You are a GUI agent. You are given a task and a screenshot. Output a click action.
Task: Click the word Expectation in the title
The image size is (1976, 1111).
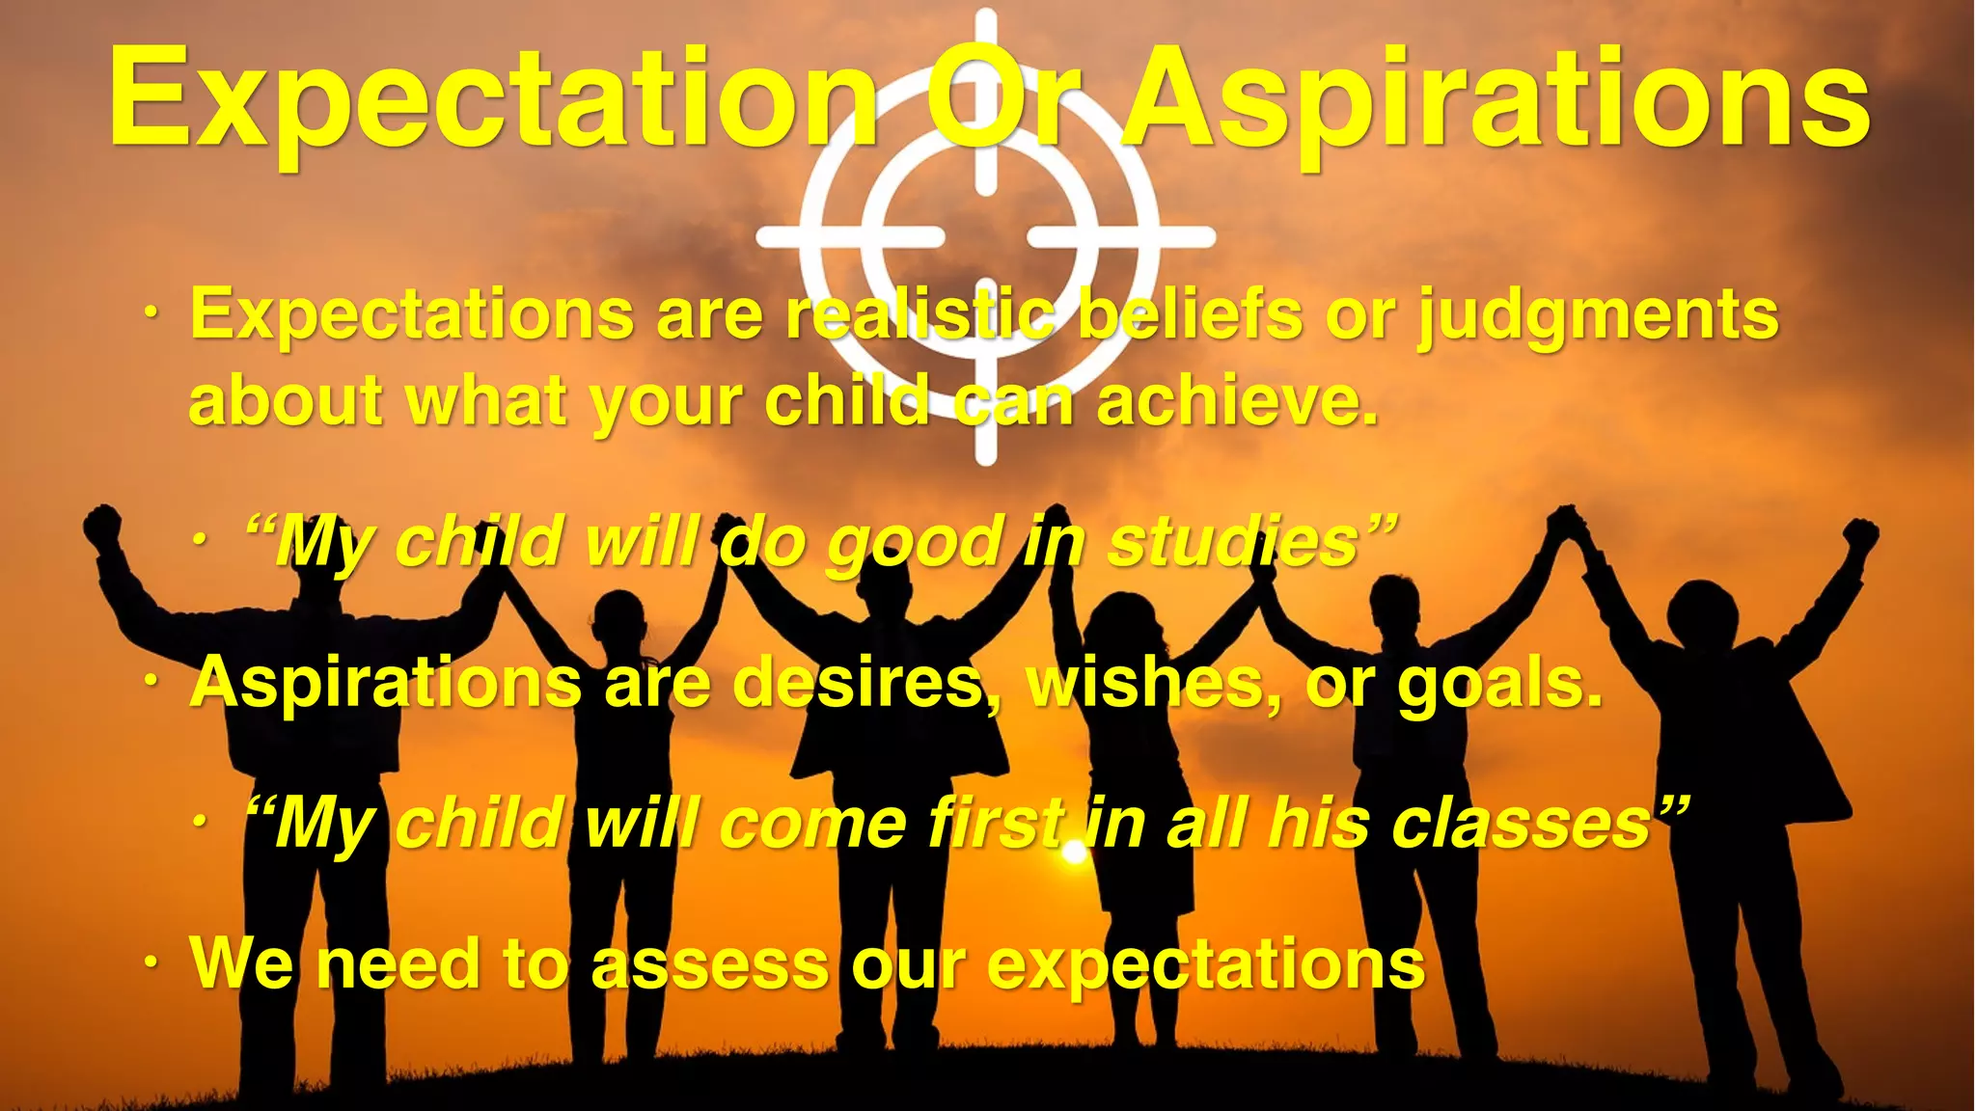click(x=492, y=101)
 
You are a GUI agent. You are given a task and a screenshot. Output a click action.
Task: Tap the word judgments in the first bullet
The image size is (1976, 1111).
click(x=1598, y=316)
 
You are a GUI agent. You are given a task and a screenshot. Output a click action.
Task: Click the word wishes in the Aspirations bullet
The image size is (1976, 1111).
click(x=1154, y=683)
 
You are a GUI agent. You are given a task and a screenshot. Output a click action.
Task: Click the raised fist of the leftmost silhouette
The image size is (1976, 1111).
click(x=101, y=527)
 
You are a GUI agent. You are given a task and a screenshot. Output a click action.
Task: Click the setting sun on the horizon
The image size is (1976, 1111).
click(x=1073, y=853)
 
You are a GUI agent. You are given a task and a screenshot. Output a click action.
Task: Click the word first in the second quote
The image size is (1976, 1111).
click(x=998, y=826)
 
